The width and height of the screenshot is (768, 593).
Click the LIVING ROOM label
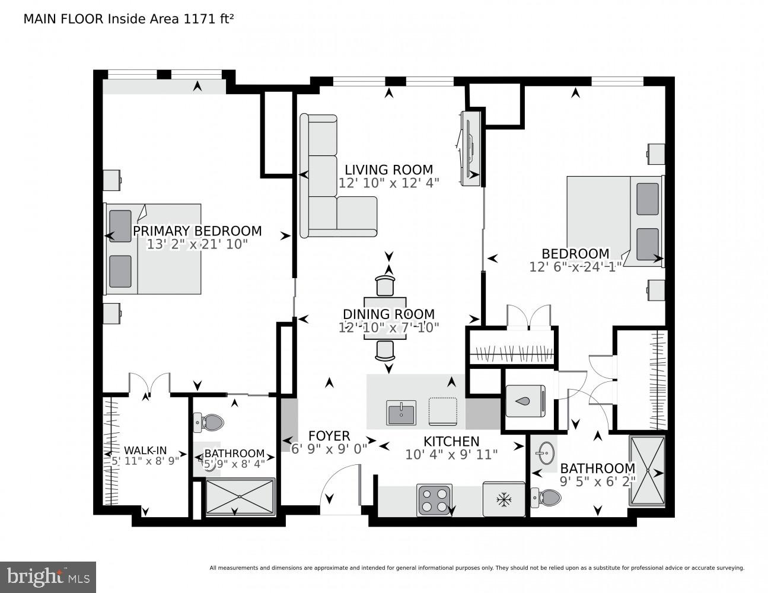click(388, 170)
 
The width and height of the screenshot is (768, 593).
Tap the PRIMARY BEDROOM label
click(197, 231)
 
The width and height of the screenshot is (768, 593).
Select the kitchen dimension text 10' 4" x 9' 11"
click(451, 455)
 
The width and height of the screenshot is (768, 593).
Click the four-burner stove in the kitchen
click(435, 499)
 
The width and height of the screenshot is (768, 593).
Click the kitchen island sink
click(401, 413)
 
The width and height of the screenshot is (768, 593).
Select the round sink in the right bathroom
click(543, 454)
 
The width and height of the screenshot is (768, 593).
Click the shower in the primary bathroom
click(240, 496)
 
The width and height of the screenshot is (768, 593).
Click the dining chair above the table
click(385, 285)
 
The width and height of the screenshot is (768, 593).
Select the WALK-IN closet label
click(145, 450)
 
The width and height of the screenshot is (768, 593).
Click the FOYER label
click(329, 436)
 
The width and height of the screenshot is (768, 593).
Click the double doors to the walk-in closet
click(149, 384)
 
